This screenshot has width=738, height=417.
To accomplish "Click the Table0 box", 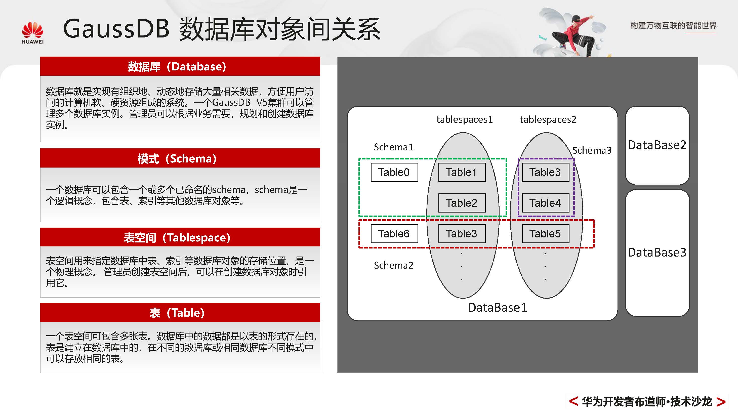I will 394,172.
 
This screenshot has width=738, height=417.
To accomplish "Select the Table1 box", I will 462,172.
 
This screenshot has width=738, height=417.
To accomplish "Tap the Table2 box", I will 462,203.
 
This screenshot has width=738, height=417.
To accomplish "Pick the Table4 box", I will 545,203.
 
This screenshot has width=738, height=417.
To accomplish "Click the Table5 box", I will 545,233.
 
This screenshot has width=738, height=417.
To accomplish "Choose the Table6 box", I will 394,233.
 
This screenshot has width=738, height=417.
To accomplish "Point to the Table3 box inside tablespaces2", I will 545,172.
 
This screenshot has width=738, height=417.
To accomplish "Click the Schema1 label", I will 393,147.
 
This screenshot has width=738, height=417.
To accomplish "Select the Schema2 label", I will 393,265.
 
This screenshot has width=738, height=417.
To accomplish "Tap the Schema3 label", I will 592,150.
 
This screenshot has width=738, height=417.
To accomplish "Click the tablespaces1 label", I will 464,119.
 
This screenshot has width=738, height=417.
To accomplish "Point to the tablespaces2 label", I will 548,119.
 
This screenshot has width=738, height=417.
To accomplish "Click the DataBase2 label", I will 657,145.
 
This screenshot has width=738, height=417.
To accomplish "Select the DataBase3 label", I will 657,252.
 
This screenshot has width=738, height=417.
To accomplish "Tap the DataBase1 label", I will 497,307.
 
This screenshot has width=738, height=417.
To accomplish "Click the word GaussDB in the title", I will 116,29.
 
